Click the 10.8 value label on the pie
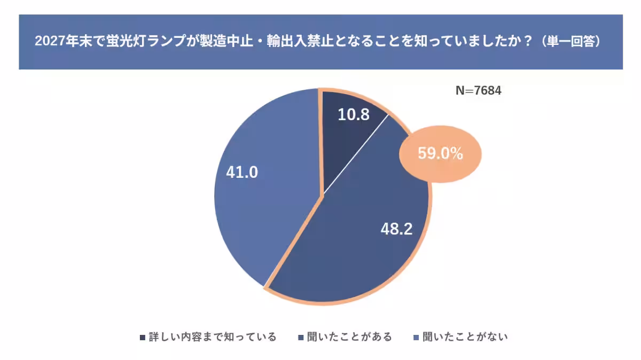pos(354,114)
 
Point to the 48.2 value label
pos(396,229)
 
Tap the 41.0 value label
pos(241,172)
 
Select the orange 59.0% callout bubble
pos(440,154)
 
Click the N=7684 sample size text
pos(478,91)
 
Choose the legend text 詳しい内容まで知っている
pos(213,337)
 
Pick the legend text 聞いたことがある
pos(349,337)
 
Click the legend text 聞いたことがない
pos(465,337)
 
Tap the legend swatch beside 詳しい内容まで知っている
pos(142,338)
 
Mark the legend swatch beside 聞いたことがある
pos(301,338)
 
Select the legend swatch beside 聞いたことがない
pos(417,338)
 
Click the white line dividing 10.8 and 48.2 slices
pos(355,155)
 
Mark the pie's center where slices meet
pos(322,196)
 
